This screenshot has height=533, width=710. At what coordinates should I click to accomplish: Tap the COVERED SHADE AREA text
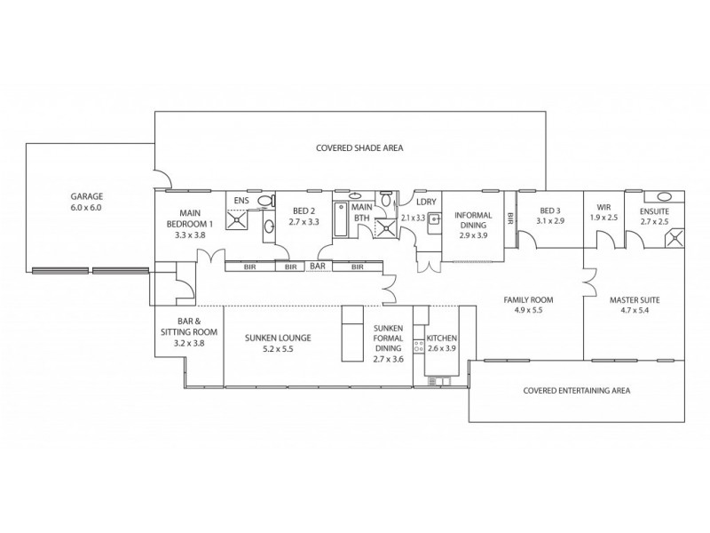coord(359,148)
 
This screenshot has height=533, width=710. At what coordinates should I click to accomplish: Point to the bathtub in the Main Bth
coord(342,218)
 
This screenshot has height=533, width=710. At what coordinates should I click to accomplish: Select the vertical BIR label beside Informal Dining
coord(510,218)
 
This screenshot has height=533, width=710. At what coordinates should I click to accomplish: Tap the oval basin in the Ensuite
coord(663,196)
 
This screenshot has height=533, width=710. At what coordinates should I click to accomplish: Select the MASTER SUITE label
coord(634,299)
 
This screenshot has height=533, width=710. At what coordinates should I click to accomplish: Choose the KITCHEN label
coord(442,338)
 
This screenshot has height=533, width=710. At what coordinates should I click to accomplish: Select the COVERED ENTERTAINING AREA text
coord(576,390)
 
